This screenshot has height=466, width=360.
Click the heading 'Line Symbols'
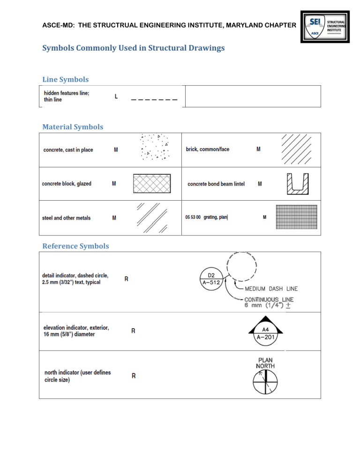pyautogui.click(x=66, y=80)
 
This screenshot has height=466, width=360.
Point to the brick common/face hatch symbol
pyautogui.click(x=294, y=150)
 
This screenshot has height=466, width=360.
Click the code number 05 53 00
pyautogui.click(x=193, y=217)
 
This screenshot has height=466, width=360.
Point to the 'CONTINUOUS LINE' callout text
pyautogui.click(x=269, y=300)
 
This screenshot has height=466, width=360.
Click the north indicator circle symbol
pyautogui.click(x=265, y=383)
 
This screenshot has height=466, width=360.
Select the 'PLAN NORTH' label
pyautogui.click(x=265, y=363)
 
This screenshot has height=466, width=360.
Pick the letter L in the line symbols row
pyautogui.click(x=116, y=97)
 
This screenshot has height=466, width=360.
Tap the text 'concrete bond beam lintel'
pyautogui.click(x=216, y=184)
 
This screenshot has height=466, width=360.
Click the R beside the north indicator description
pyautogui.click(x=134, y=376)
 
